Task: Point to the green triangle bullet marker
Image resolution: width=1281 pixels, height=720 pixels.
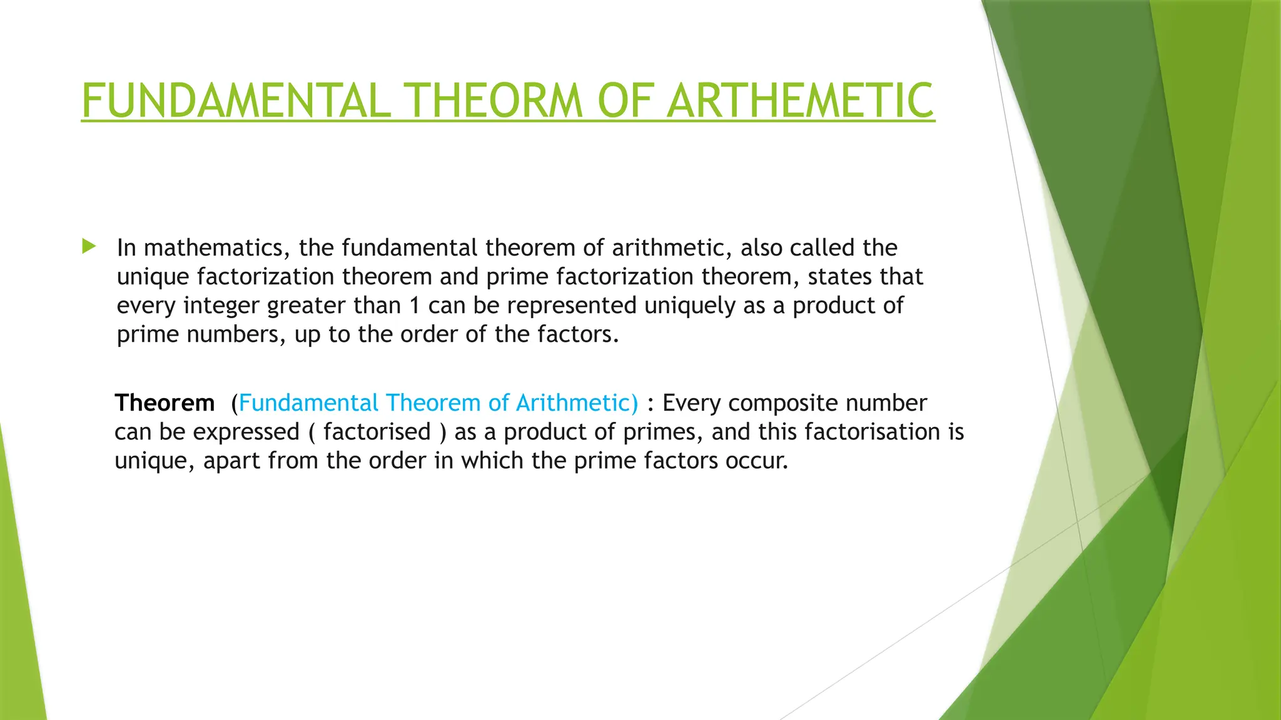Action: (x=89, y=246)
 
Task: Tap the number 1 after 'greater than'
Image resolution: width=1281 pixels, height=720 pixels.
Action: (x=414, y=306)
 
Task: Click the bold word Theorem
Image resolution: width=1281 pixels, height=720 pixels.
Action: (x=165, y=403)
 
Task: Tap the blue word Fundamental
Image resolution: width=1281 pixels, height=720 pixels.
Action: (x=308, y=403)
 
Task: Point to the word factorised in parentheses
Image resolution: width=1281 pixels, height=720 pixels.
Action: (x=377, y=432)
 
